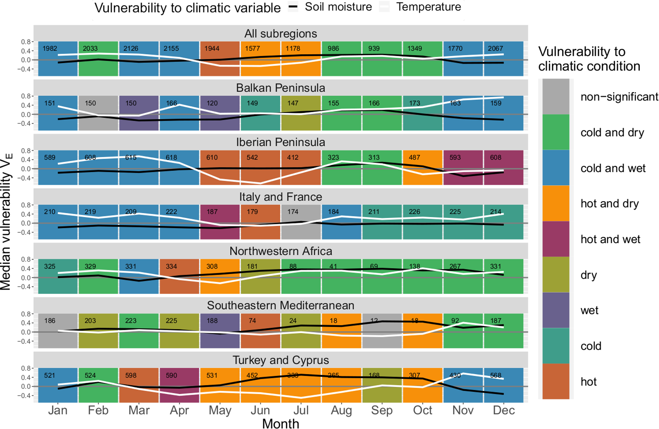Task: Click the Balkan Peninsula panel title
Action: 281,88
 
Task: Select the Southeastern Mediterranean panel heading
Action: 281,305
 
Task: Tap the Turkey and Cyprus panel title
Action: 281,360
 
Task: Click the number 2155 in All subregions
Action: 171,48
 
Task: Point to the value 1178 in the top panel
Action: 293,48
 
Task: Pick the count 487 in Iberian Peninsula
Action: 414,157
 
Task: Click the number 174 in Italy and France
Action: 293,212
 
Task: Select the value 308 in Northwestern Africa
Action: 212,266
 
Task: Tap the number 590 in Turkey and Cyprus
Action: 171,375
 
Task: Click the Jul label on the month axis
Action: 301,410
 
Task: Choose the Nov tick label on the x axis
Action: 463,410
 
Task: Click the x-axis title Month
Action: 281,424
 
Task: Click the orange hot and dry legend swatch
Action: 556,203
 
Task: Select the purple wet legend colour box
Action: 556,310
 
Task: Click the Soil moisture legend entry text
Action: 338,7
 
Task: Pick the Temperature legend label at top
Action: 428,7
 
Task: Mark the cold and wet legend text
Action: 613,168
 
